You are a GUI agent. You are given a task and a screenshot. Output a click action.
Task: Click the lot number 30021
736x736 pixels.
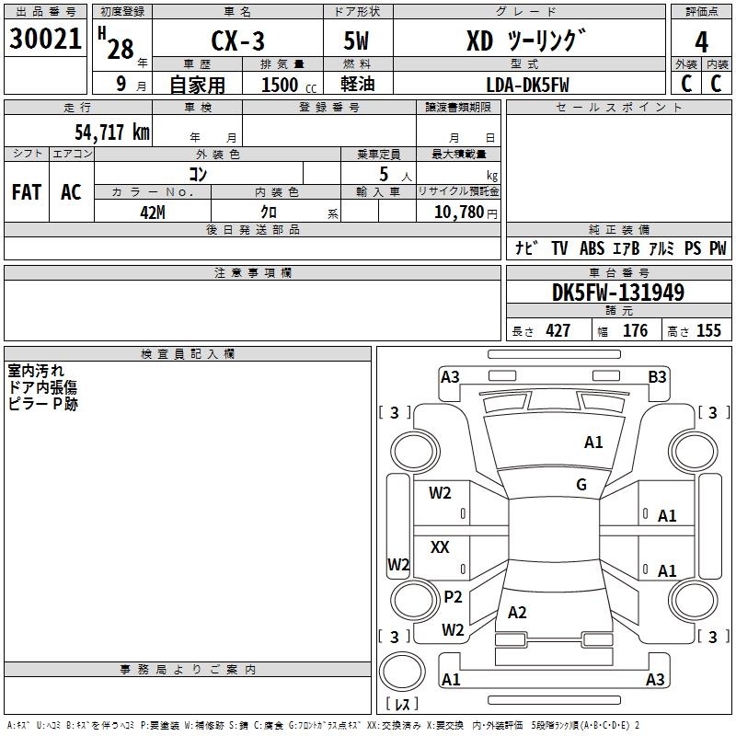tap(45, 39)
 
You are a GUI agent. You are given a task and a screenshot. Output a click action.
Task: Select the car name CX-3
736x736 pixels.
tap(238, 40)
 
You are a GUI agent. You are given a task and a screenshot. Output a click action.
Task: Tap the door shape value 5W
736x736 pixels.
tap(356, 40)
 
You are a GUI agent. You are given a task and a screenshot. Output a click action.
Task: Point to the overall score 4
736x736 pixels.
tap(701, 42)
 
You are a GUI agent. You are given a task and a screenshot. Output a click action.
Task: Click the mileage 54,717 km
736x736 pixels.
tap(112, 132)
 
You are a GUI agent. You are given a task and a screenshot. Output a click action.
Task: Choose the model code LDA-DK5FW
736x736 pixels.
tap(527, 86)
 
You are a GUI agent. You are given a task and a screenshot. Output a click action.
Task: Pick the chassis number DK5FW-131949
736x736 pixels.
tap(618, 293)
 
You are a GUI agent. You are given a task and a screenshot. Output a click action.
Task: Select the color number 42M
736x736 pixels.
tap(153, 213)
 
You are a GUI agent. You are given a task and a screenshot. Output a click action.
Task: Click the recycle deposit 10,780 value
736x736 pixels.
tap(458, 213)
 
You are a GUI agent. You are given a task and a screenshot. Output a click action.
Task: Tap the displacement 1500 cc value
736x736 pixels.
tap(289, 86)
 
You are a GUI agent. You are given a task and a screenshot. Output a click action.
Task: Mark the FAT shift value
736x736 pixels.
tap(27, 192)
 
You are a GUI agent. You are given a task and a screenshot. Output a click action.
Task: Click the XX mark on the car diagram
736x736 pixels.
tap(440, 546)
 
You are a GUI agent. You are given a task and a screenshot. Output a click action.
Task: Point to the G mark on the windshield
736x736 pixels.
tap(581, 485)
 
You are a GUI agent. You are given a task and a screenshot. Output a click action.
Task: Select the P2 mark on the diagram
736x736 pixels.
tap(453, 597)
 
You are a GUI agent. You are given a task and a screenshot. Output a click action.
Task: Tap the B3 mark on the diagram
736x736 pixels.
tap(657, 377)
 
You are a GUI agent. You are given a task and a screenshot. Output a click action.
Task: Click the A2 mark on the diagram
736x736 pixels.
tap(517, 613)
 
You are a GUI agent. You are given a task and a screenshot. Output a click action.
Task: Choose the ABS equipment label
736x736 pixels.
tap(592, 248)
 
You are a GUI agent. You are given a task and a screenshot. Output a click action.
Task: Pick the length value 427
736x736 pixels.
tap(558, 330)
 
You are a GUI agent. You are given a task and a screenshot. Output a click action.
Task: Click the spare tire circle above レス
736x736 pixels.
tap(402, 672)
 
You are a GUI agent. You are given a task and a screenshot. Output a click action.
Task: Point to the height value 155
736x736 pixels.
tap(708, 330)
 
